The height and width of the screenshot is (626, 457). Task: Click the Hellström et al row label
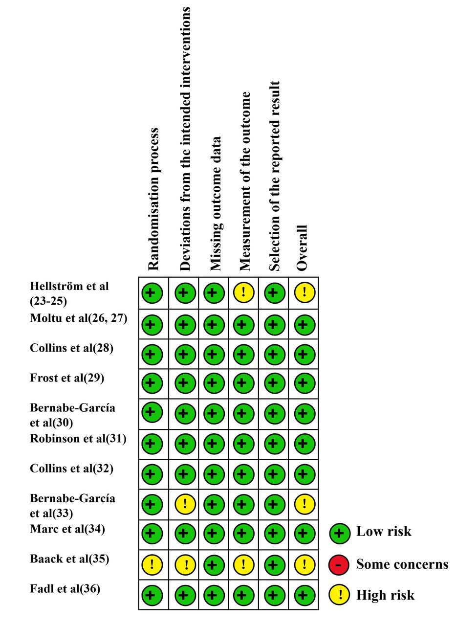[69, 293]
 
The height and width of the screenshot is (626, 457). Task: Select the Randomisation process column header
[153, 199]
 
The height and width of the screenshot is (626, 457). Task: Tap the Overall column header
[302, 248]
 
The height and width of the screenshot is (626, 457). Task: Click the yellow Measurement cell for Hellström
[243, 292]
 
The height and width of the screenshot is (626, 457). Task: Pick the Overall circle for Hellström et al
[305, 292]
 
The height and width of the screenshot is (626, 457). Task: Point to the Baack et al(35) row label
[69, 559]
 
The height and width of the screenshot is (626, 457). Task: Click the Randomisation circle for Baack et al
[152, 565]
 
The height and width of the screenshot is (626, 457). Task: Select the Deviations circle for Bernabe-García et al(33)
[185, 504]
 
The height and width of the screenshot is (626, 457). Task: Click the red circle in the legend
[339, 565]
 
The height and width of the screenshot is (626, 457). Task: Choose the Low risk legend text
[384, 531]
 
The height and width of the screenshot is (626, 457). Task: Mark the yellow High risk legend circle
[339, 595]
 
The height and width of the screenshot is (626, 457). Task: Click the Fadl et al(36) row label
[65, 588]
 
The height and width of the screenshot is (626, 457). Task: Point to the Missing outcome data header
[216, 204]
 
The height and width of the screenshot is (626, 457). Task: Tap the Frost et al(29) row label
[67, 378]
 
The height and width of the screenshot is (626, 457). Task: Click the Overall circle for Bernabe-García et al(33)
[305, 504]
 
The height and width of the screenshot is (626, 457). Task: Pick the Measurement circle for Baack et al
[243, 565]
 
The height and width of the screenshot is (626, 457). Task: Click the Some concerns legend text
[402, 564]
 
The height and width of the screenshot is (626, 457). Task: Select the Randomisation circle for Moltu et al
[152, 325]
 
